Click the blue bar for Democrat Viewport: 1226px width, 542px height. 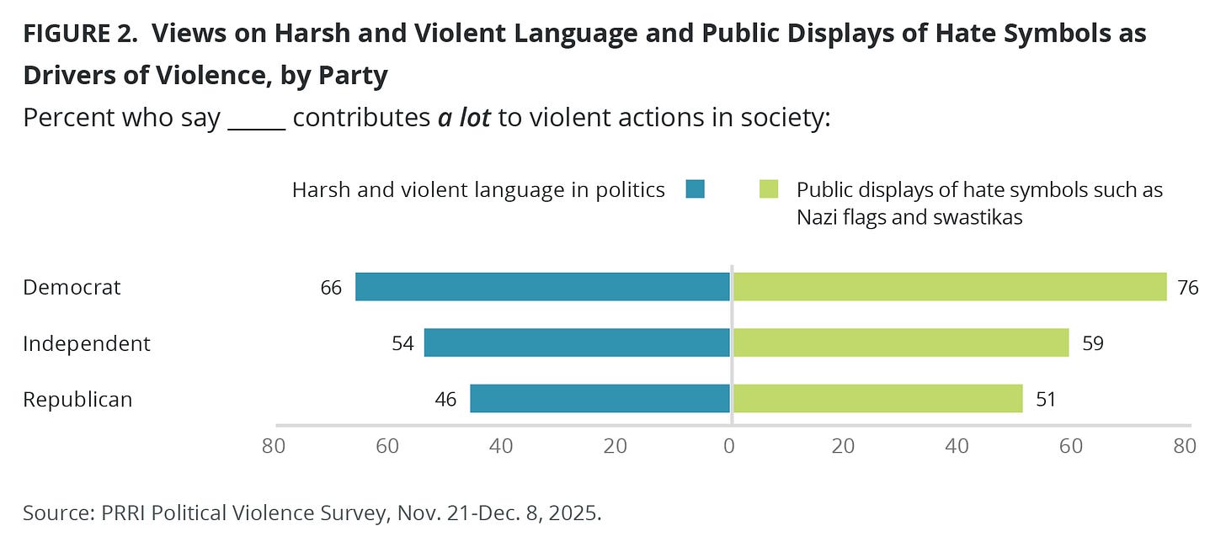tap(542, 287)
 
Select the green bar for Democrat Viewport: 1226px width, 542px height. tap(950, 287)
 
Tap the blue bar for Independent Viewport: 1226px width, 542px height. tap(577, 343)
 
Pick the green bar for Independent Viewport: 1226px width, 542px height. tap(901, 343)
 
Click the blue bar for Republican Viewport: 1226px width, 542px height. tap(600, 398)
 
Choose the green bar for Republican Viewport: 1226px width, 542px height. tap(878, 398)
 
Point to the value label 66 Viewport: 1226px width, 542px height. tap(331, 288)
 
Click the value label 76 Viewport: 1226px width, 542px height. tap(1187, 288)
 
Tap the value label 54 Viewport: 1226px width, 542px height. tap(402, 343)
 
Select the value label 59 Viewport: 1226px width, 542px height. tap(1093, 343)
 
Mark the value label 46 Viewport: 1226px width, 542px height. tap(445, 399)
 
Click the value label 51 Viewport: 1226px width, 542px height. tap(1046, 399)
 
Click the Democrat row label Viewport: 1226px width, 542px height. tap(72, 287)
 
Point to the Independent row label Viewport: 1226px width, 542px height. tap(87, 343)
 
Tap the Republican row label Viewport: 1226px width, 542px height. tap(77, 399)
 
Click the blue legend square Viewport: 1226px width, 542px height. tap(696, 189)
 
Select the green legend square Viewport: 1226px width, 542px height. tap(769, 189)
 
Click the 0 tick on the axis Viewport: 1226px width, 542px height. tap(729, 446)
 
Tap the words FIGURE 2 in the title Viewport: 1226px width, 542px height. tap(80, 34)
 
